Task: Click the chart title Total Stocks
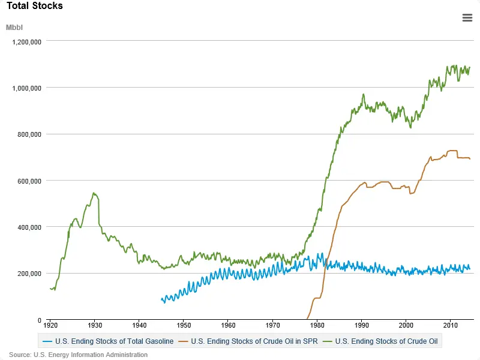[x=35, y=6]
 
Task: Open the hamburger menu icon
[x=467, y=17]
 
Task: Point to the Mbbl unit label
[x=14, y=28]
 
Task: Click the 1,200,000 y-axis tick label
[x=27, y=41]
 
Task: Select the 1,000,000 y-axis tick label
[x=27, y=88]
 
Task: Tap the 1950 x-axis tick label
[x=184, y=325]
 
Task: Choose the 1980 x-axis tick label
[x=317, y=325]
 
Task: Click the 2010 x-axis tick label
[x=451, y=325]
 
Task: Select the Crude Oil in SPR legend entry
[x=251, y=341]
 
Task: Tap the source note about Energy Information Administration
[x=78, y=355]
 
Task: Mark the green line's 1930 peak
[x=94, y=193]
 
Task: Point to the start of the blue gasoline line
[x=161, y=298]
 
